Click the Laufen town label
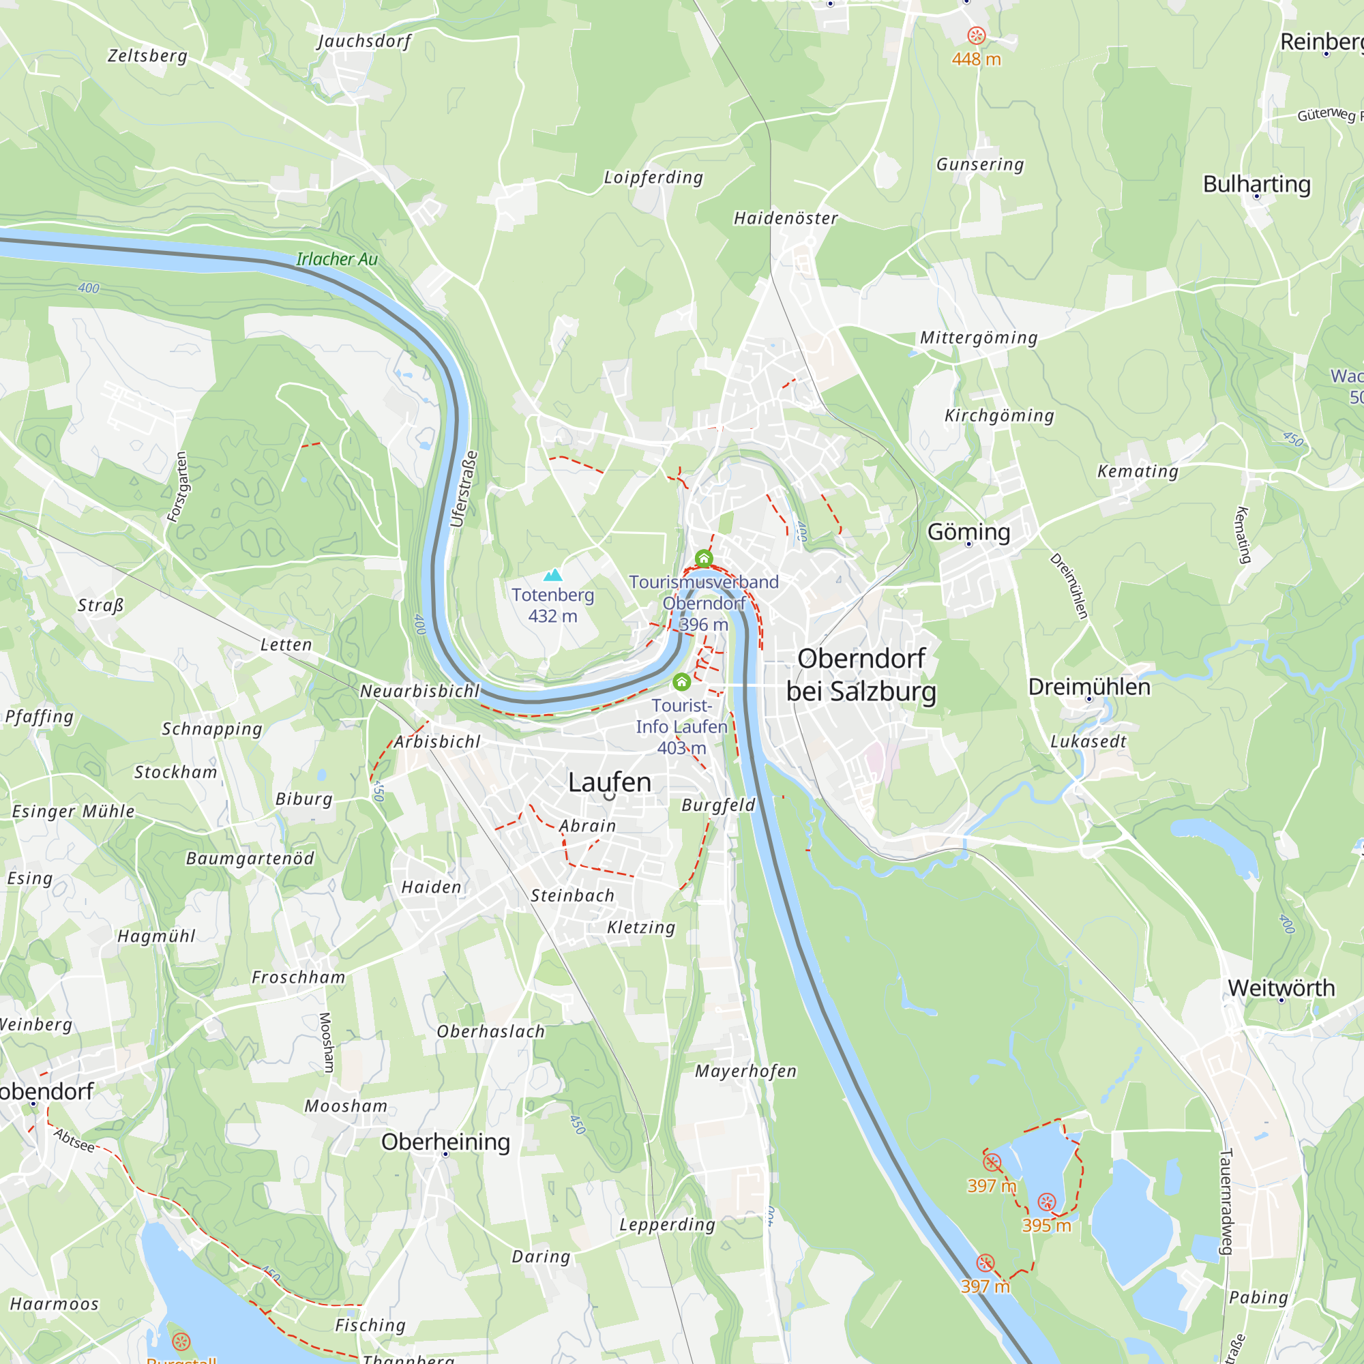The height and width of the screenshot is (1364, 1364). pyautogui.click(x=609, y=782)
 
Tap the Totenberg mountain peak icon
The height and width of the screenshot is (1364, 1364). pyautogui.click(x=553, y=575)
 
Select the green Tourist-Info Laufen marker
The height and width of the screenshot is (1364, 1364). pyautogui.click(x=681, y=682)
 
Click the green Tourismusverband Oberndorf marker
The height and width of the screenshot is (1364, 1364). pyautogui.click(x=704, y=559)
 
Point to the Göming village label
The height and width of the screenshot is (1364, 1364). pyautogui.click(x=968, y=532)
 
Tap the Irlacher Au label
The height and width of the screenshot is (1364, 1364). pyautogui.click(x=337, y=259)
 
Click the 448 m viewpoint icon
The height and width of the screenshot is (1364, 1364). pyautogui.click(x=977, y=36)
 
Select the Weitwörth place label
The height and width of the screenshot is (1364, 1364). pyautogui.click(x=1281, y=988)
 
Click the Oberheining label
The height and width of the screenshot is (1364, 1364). pyautogui.click(x=445, y=1142)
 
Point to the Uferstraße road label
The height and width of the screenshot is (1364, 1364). pyautogui.click(x=464, y=489)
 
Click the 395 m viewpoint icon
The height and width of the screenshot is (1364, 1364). pyautogui.click(x=1047, y=1202)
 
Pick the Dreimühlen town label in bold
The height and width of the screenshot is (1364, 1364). pyautogui.click(x=1088, y=687)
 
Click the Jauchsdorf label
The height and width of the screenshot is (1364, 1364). pyautogui.click(x=364, y=41)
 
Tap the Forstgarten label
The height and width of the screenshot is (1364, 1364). pyautogui.click(x=178, y=487)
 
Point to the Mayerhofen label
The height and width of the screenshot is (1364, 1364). pyautogui.click(x=745, y=1071)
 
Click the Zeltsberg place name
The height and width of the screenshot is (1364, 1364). pyautogui.click(x=147, y=56)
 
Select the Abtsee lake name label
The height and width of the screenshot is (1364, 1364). pyautogui.click(x=74, y=1140)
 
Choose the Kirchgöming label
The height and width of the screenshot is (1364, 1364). pyautogui.click(x=999, y=415)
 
